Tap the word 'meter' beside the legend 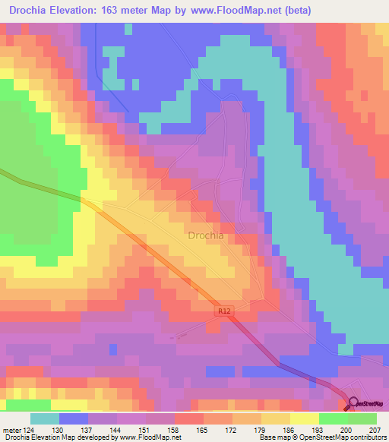[x=12, y=430]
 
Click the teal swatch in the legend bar [x=45, y=418]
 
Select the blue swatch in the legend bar [x=74, y=418]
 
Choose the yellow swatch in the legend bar [x=305, y=418]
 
